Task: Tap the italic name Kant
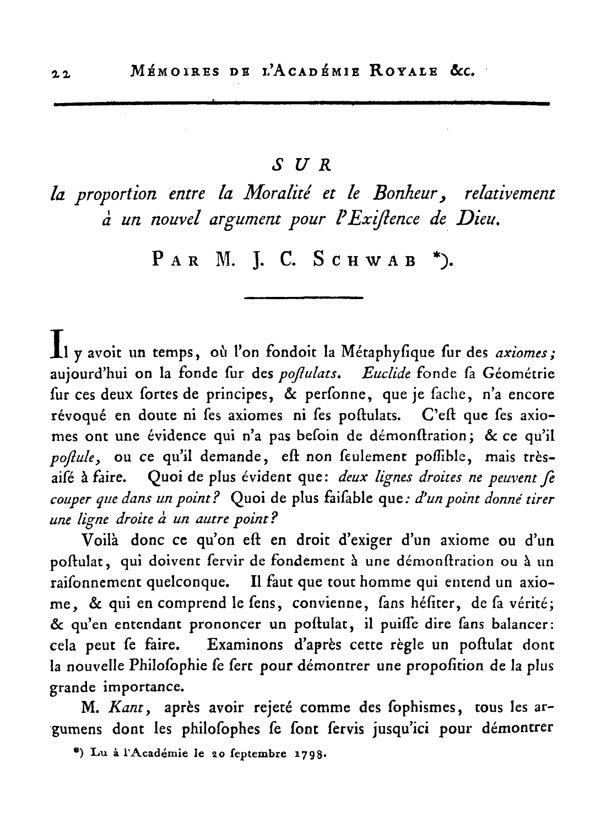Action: point(123,708)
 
